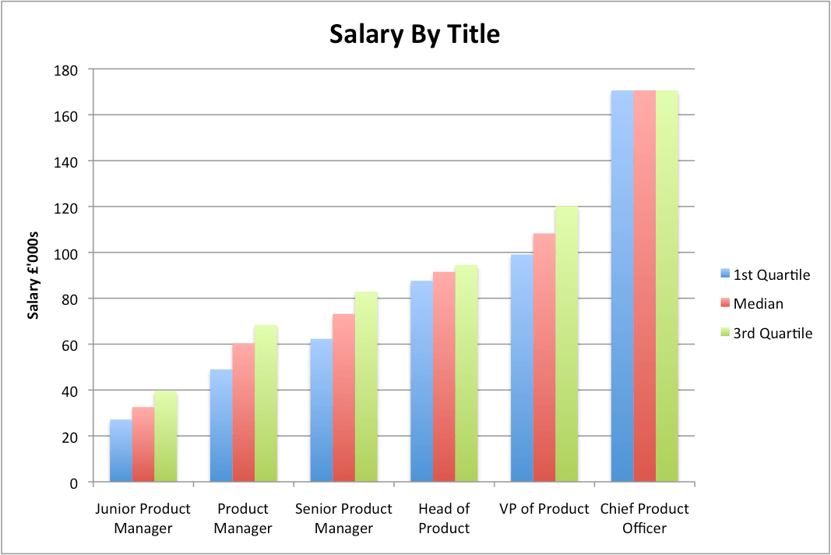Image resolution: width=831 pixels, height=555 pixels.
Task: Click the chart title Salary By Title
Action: (414, 34)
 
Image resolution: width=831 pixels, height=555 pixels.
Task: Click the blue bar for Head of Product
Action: (421, 381)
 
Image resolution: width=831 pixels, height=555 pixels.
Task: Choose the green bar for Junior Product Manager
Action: (165, 437)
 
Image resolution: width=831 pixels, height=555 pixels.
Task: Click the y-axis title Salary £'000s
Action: (33, 277)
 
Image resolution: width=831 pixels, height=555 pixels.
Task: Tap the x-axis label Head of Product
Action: (444, 518)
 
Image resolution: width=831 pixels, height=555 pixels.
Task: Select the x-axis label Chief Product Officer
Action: (644, 518)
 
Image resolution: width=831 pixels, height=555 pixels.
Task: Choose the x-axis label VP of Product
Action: (544, 509)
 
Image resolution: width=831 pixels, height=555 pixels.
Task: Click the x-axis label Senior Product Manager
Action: (343, 518)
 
